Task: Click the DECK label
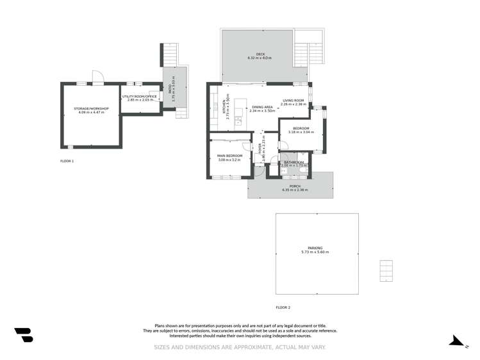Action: (x=260, y=54)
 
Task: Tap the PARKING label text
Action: (x=315, y=248)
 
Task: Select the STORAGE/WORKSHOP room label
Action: (x=91, y=108)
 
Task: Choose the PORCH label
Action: (x=295, y=186)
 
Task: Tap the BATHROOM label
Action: (x=294, y=163)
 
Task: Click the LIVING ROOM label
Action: (x=294, y=100)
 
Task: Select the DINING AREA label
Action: (x=262, y=107)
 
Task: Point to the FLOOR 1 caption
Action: (x=67, y=161)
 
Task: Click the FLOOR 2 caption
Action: (x=283, y=307)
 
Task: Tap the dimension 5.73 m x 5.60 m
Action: (x=315, y=252)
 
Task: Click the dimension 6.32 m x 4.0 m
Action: (x=260, y=58)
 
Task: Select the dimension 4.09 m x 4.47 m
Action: (x=91, y=113)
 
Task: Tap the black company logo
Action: (x=24, y=335)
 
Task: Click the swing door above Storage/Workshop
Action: (x=97, y=77)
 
